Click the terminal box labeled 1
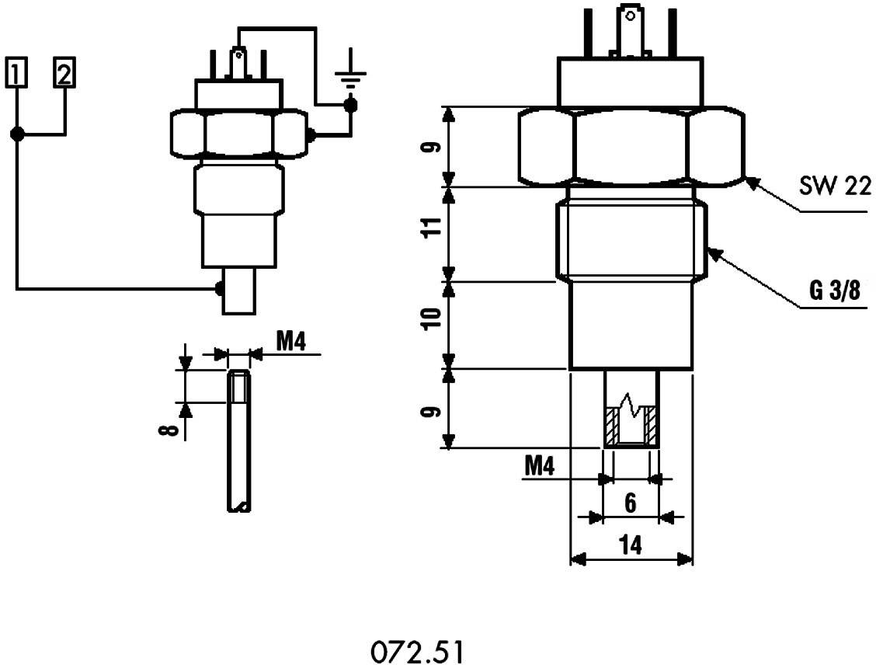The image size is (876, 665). pos(16,73)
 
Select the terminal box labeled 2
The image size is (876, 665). pos(64,73)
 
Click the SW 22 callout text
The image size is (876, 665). pos(835,186)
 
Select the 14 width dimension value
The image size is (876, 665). pos(631,546)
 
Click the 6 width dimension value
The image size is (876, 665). pos(631,504)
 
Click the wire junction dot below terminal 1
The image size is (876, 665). pos(16,134)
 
